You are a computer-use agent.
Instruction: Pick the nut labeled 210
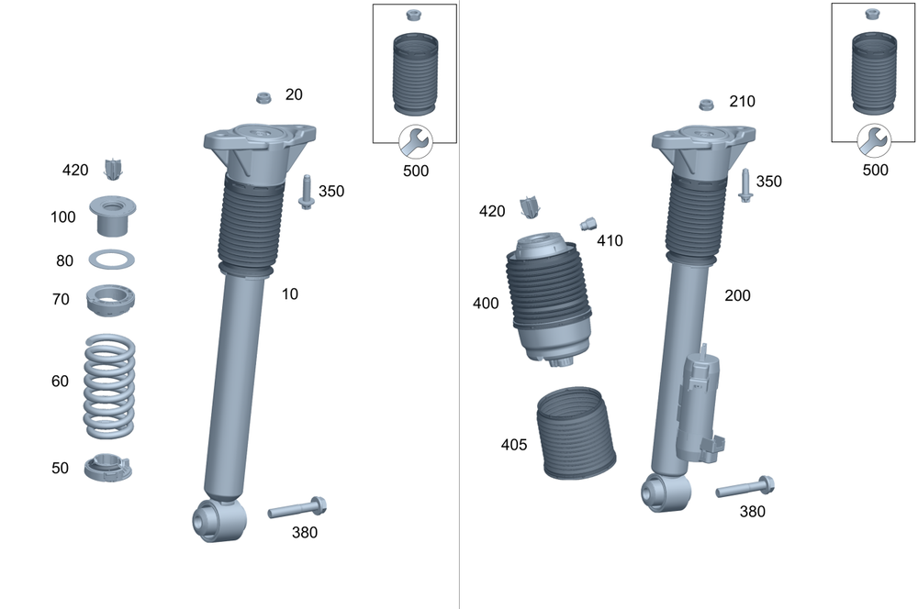707,104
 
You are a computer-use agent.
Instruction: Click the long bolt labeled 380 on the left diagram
297,507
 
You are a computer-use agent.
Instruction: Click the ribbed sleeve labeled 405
576,433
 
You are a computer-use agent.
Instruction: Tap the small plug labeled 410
588,223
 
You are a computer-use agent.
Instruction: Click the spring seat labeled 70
111,300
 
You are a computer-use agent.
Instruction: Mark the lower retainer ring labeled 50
109,468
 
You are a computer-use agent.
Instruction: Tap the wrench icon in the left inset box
415,142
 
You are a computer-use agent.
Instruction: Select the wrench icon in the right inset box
874,142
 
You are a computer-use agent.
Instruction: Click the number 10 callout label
290,294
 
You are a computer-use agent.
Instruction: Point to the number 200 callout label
737,295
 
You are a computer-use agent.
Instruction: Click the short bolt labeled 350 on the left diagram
306,191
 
